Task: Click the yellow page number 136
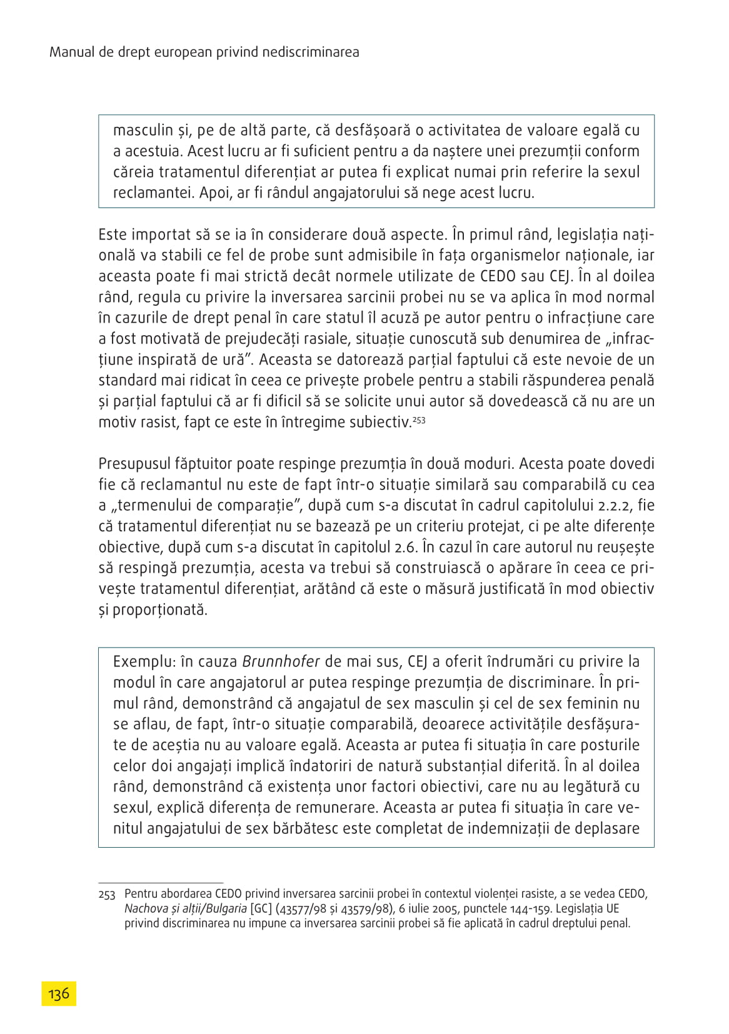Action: [x=59, y=993]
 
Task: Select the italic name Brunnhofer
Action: [x=281, y=661]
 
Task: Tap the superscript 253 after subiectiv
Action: [x=419, y=420]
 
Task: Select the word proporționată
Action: [x=159, y=610]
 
